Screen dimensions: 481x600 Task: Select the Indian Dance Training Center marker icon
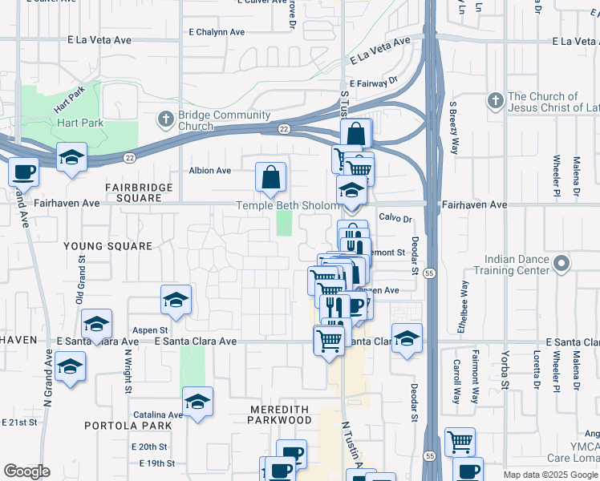[x=561, y=263]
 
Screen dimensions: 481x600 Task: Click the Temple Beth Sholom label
[x=288, y=205]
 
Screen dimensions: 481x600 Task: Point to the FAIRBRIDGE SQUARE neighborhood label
[x=139, y=192]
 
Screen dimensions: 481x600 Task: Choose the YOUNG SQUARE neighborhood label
[x=107, y=246]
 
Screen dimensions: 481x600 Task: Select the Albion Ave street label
[x=209, y=171]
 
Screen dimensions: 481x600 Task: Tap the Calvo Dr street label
[x=395, y=217]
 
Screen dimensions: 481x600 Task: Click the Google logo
[x=26, y=471]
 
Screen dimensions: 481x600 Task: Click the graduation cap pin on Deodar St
[x=407, y=338]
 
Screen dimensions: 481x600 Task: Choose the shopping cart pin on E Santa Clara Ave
[x=330, y=342]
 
